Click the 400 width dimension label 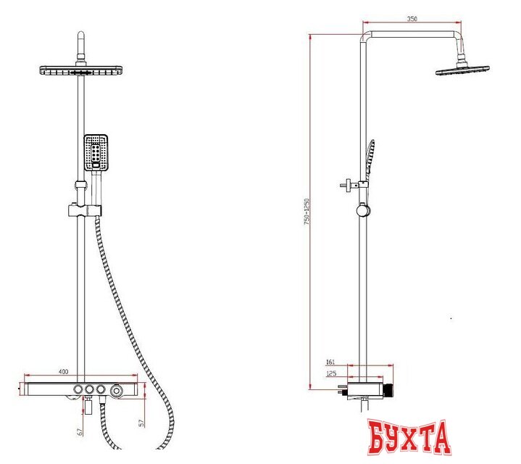click(x=63, y=372)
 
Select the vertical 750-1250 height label click(x=307, y=212)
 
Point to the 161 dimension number click(x=330, y=360)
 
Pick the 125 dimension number click(x=330, y=373)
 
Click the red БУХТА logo click(x=409, y=438)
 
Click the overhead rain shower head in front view click(x=83, y=70)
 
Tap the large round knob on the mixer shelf click(x=116, y=391)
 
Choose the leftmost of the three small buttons click(x=76, y=391)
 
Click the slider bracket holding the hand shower click(x=85, y=210)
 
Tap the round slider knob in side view click(x=362, y=211)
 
